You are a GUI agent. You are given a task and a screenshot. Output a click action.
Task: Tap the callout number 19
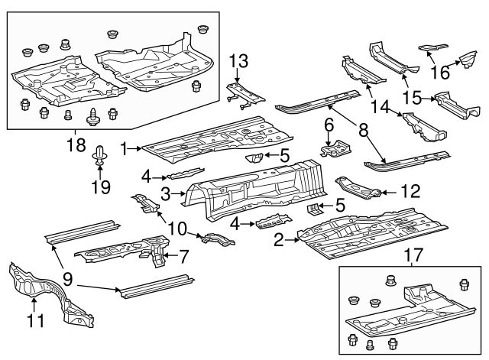coord(101,186)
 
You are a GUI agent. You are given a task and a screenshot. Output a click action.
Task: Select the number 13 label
coord(238,60)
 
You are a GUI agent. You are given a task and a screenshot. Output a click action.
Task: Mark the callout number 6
coord(329,123)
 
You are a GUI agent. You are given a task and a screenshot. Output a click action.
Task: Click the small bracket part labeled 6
coord(334,148)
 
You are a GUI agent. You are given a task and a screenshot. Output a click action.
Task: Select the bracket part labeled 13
coord(243,93)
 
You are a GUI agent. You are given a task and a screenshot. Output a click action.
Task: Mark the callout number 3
coord(166,193)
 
